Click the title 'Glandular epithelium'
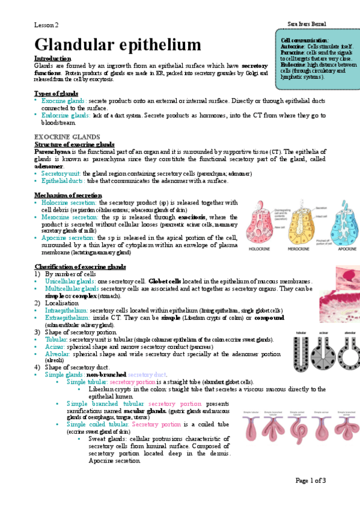click(x=117, y=45)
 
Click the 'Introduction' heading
click(x=53, y=58)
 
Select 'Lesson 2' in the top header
click(x=46, y=25)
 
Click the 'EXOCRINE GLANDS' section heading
click(x=67, y=137)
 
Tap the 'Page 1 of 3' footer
click(x=310, y=480)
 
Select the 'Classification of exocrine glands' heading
click(x=80, y=266)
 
